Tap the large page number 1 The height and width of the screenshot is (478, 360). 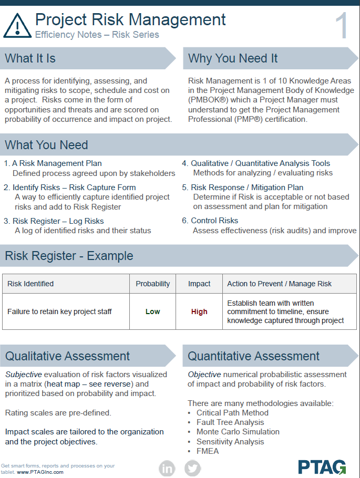pyautogui.click(x=341, y=26)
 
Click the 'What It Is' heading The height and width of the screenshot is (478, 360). pyautogui.click(x=30, y=58)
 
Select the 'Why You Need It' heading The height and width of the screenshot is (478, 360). pyautogui.click(x=233, y=58)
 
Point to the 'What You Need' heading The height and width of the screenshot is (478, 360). pyautogui.click(x=46, y=145)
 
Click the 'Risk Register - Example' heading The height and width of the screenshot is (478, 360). pyautogui.click(x=69, y=256)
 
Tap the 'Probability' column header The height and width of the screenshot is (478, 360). pyautogui.click(x=152, y=284)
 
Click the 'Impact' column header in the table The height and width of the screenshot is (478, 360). pyautogui.click(x=199, y=284)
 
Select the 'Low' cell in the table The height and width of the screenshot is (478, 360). pyautogui.click(x=152, y=311)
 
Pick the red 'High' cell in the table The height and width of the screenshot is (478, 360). pyautogui.click(x=199, y=311)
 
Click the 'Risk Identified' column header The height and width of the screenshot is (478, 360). pyautogui.click(x=30, y=284)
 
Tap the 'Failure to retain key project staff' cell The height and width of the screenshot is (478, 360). pyautogui.click(x=59, y=311)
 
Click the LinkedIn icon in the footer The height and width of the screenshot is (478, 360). pyautogui.click(x=167, y=467)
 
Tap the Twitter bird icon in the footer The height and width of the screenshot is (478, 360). pyautogui.click(x=192, y=467)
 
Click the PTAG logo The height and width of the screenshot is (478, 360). pyautogui.click(x=322, y=466)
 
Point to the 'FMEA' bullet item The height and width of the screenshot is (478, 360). pyautogui.click(x=208, y=451)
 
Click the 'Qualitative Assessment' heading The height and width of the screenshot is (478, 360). pyautogui.click(x=67, y=356)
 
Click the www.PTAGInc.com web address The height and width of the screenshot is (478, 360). pyautogui.click(x=40, y=472)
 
